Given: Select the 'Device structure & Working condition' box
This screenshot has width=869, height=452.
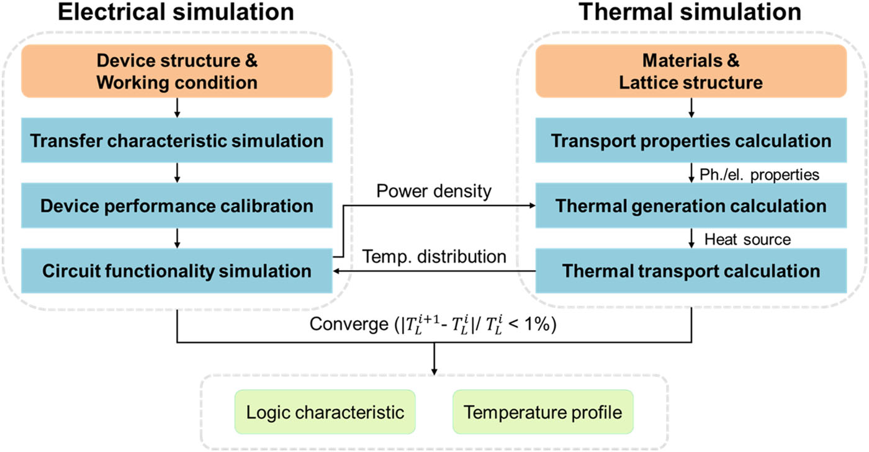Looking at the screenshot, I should pyautogui.click(x=178, y=71).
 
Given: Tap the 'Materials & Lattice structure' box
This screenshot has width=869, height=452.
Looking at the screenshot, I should pyautogui.click(x=691, y=71).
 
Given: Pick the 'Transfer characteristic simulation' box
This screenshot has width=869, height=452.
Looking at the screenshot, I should pyautogui.click(x=178, y=140).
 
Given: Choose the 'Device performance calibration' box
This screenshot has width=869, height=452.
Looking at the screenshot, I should pyautogui.click(x=178, y=205).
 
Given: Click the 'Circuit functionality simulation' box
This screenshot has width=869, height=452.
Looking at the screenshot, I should pyautogui.click(x=178, y=271).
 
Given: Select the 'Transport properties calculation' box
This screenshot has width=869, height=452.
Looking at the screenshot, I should pyautogui.click(x=691, y=140).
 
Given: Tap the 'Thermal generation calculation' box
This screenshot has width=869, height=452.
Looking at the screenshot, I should pyautogui.click(x=691, y=205).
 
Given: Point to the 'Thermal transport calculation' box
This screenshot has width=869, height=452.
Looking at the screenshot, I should pyautogui.click(x=691, y=271).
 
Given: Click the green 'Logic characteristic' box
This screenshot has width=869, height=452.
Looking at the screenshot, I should pyautogui.click(x=325, y=412).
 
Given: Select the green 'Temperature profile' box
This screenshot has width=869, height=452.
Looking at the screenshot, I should pyautogui.click(x=543, y=412).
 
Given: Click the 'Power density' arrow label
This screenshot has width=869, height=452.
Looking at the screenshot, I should pyautogui.click(x=434, y=191).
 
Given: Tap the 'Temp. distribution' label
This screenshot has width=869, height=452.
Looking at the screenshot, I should pyautogui.click(x=434, y=256).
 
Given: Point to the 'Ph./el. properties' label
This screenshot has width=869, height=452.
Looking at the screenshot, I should pyautogui.click(x=761, y=174).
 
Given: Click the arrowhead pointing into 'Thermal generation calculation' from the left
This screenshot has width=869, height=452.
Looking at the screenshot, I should pyautogui.click(x=532, y=206).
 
